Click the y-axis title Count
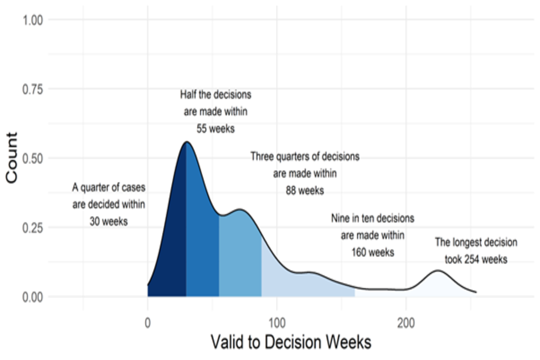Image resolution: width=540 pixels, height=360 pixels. coord(12,157)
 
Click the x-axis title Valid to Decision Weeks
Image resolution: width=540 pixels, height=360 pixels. coord(291,341)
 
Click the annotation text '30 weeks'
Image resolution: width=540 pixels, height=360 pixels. coord(109,222)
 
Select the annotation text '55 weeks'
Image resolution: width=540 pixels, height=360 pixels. coord(215,129)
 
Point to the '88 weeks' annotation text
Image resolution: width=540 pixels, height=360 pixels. coord(305,190)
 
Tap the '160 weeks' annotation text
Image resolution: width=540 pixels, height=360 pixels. coord(372,252)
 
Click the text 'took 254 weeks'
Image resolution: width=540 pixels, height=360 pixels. coord(476,259)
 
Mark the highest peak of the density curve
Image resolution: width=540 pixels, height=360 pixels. coord(186,142)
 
